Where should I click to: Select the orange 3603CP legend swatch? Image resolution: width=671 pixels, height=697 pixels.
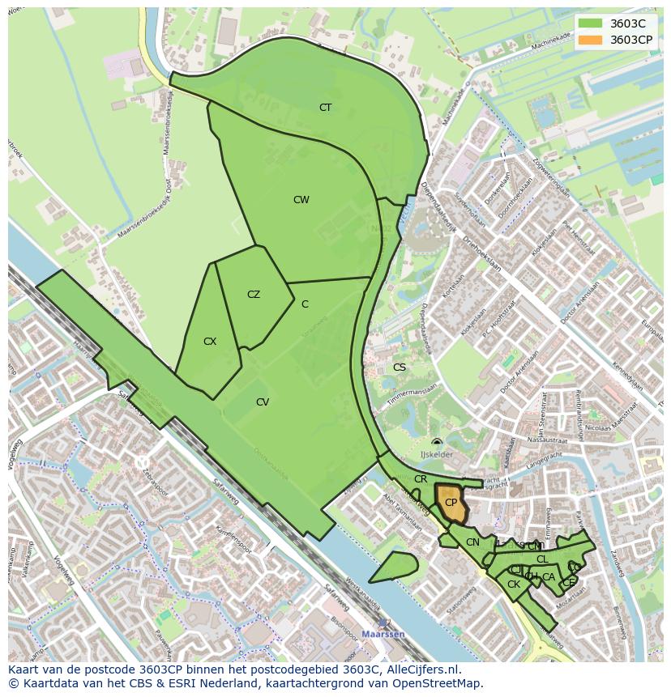591,40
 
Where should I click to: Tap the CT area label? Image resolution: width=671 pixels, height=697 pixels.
325,108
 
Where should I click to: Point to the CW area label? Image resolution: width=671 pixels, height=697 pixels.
301,200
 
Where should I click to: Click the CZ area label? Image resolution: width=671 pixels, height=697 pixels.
254,295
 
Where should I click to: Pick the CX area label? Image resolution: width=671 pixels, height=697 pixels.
210,342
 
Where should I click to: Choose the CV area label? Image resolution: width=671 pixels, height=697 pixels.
263,402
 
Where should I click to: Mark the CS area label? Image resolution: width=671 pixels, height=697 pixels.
399,368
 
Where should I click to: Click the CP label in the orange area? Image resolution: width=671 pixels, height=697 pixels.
451,503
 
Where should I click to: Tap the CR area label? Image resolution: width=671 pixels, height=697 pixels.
421,479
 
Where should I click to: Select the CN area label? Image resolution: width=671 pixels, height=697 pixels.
472,542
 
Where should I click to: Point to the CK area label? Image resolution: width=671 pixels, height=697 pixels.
513,584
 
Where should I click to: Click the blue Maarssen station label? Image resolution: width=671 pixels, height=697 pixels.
383,634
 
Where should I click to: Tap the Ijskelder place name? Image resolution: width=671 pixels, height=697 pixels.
436,455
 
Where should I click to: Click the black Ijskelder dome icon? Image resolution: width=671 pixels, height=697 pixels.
437,442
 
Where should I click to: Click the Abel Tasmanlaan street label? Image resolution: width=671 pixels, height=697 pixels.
403,511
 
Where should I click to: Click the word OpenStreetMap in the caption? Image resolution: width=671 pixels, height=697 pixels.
441,683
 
